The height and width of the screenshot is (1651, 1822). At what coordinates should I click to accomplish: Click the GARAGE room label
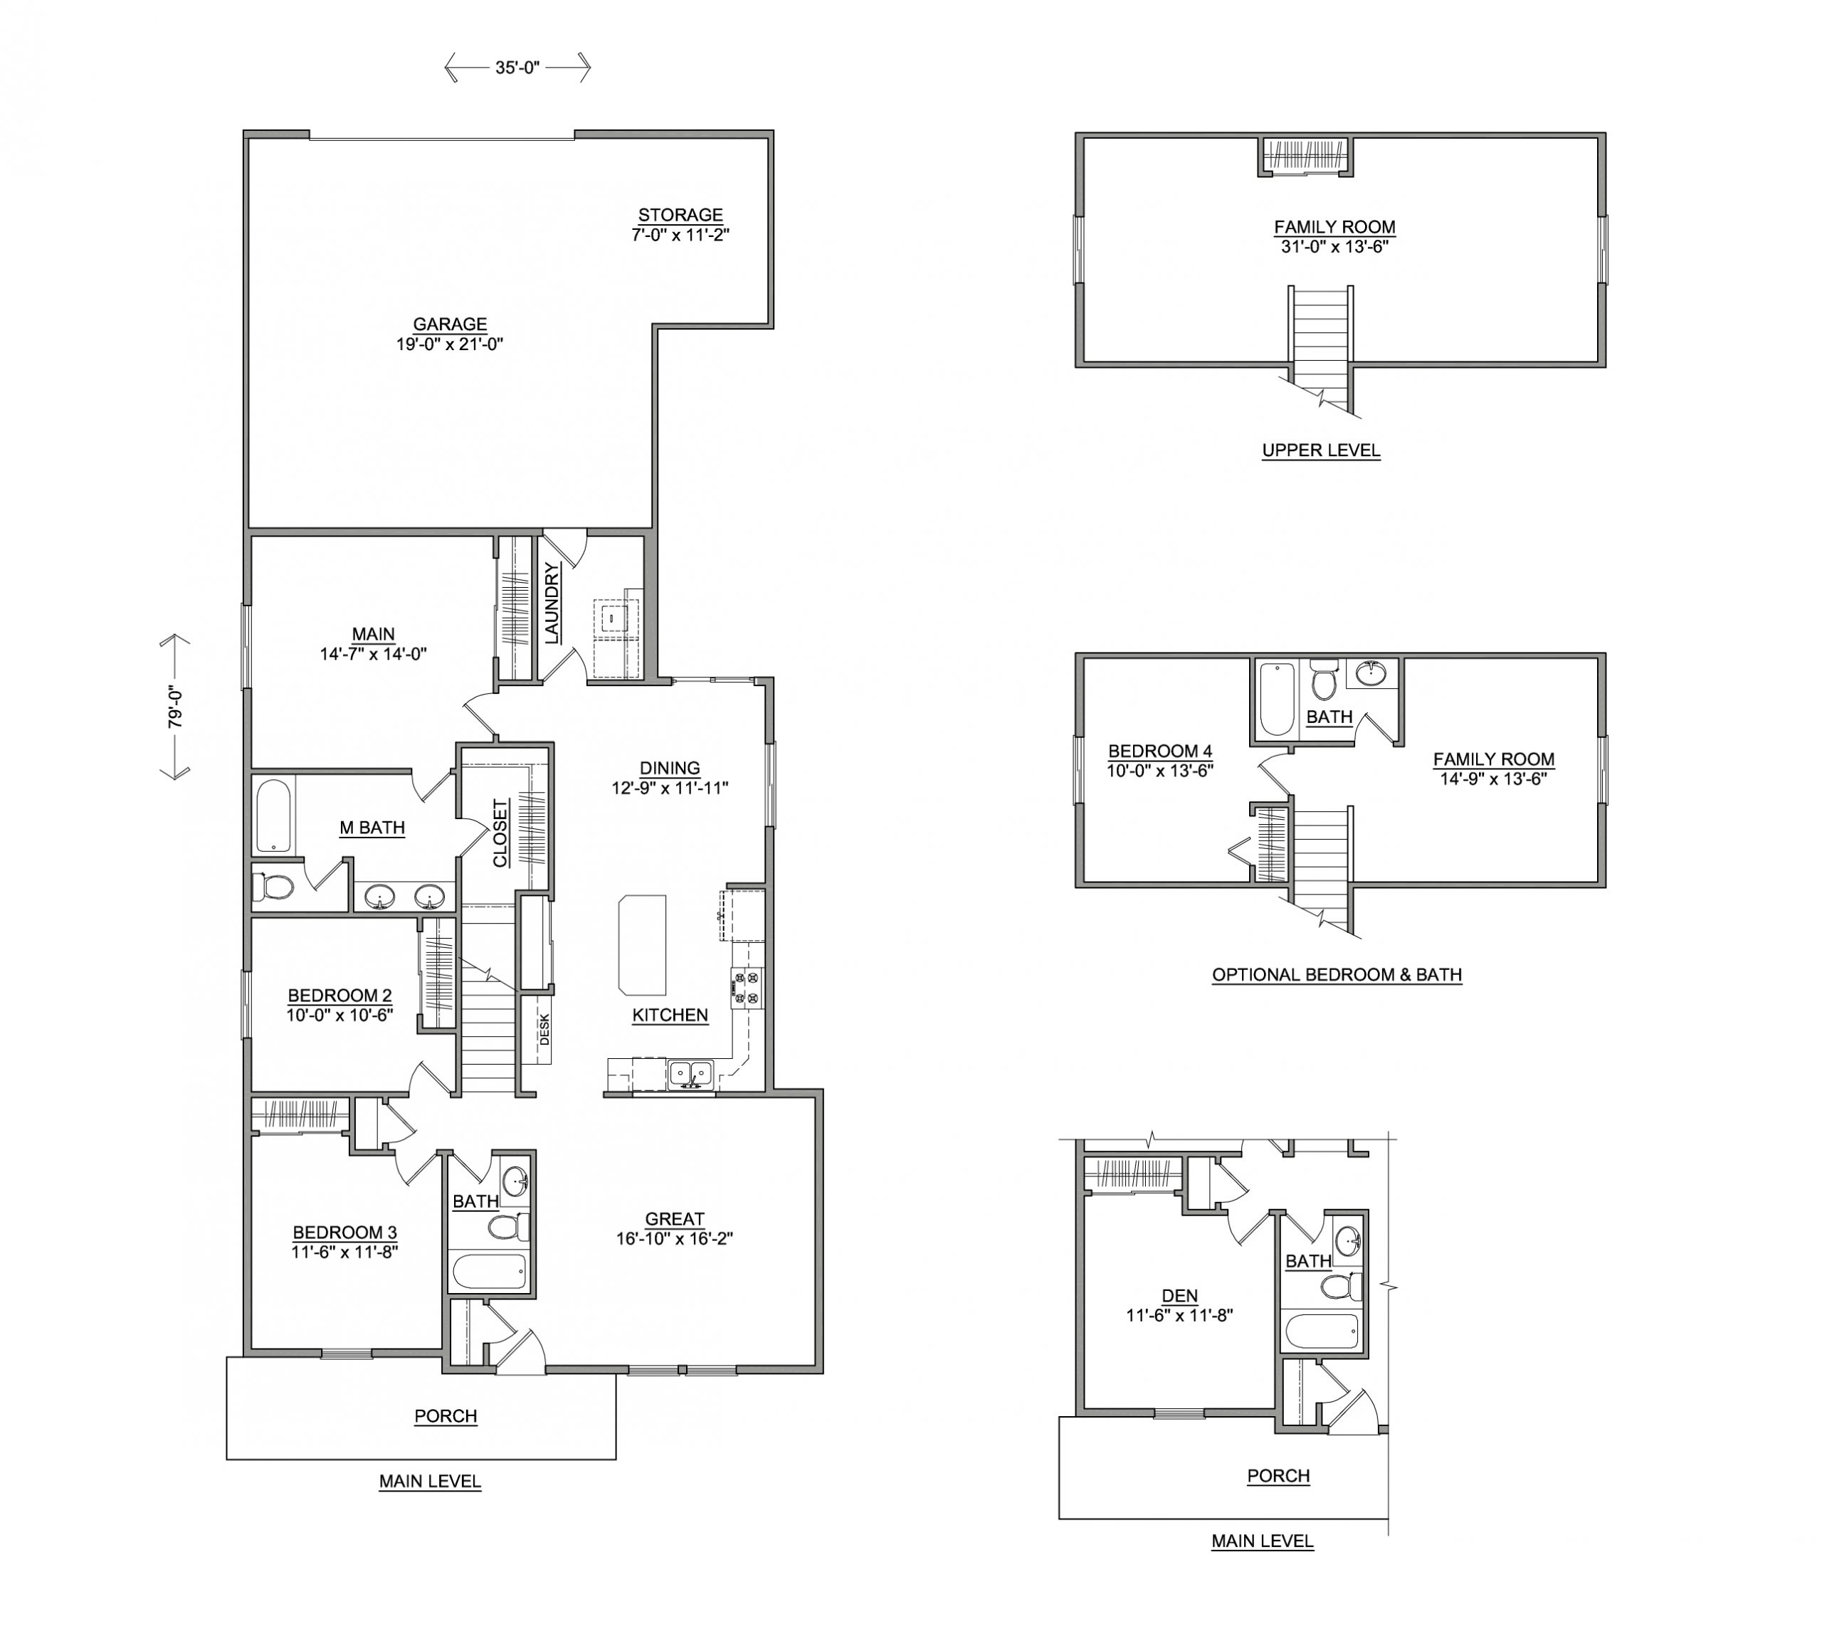coord(450,325)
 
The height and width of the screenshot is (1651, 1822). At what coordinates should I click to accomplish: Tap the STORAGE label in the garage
coord(680,215)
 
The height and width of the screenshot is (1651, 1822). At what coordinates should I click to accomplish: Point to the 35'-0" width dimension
coord(517,67)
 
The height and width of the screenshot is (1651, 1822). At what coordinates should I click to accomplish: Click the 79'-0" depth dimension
coord(175,707)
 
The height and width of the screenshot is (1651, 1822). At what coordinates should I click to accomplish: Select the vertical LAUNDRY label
coord(552,603)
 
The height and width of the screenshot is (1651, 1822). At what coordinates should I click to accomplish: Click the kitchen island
coord(643,944)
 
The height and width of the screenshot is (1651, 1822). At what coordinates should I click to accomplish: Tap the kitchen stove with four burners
coord(747,988)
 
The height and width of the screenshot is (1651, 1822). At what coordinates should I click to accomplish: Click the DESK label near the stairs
coord(544,1030)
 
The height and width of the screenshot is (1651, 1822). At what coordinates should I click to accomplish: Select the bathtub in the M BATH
coord(273,817)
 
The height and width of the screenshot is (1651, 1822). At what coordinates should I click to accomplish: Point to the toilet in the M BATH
coord(273,887)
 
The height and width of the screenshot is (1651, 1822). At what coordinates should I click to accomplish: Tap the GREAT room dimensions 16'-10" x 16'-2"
coord(674,1239)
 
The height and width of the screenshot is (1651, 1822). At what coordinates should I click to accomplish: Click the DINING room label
coord(670,768)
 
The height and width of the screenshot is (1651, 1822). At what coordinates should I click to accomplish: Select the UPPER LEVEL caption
coord(1322,450)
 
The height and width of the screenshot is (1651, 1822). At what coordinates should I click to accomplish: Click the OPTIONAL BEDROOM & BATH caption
coord(1337,975)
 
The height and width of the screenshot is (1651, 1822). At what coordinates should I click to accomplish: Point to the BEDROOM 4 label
coord(1160,751)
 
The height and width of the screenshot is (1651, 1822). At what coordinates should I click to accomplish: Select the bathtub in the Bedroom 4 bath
coord(1277,700)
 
